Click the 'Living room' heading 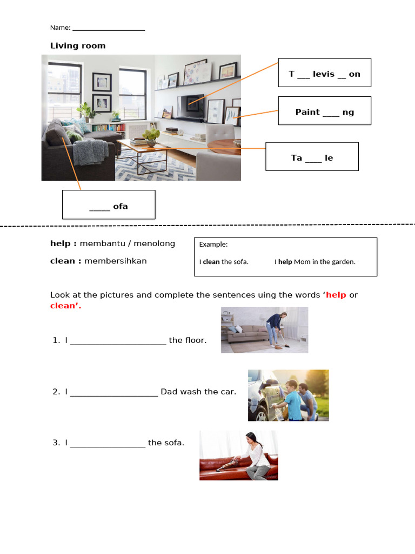(78, 46)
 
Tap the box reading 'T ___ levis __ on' (324, 72)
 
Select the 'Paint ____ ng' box (324, 111)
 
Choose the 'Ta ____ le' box (312, 156)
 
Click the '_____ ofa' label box (109, 205)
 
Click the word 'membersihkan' (115, 261)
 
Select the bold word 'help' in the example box (285, 262)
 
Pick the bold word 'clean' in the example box (211, 262)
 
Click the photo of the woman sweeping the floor (264, 330)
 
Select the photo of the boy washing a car (288, 395)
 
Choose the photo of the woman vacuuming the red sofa (238, 456)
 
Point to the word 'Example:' (213, 245)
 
